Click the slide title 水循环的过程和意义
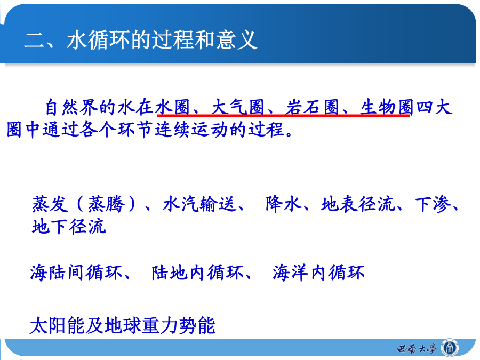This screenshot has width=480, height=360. (162, 40)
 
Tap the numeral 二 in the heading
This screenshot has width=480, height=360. (34, 40)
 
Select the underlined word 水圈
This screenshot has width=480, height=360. (173, 107)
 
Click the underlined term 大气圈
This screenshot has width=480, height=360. (238, 107)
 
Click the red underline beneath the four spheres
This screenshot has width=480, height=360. (284, 115)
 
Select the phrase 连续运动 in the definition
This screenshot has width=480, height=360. (191, 130)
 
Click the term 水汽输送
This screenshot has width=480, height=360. (199, 204)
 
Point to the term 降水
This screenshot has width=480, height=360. (283, 204)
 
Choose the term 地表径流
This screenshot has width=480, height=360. (358, 204)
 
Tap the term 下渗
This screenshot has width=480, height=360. (433, 204)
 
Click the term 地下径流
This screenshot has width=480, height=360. (69, 227)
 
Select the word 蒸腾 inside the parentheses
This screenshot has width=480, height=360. (107, 204)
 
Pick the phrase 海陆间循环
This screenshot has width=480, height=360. (76, 273)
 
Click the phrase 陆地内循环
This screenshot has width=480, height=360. (197, 273)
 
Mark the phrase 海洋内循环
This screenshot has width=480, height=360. (319, 273)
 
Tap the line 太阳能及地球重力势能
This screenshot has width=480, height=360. (123, 325)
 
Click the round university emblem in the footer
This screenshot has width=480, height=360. (450, 348)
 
